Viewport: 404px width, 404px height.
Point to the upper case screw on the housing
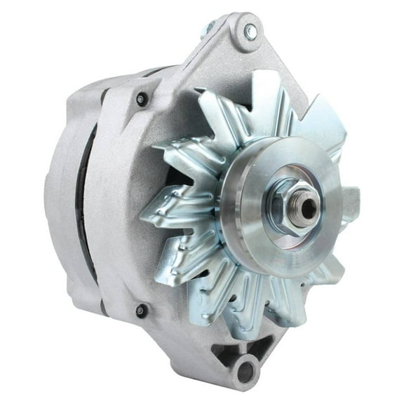[x=142, y=99]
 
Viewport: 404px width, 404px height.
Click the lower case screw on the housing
[x=141, y=309]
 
